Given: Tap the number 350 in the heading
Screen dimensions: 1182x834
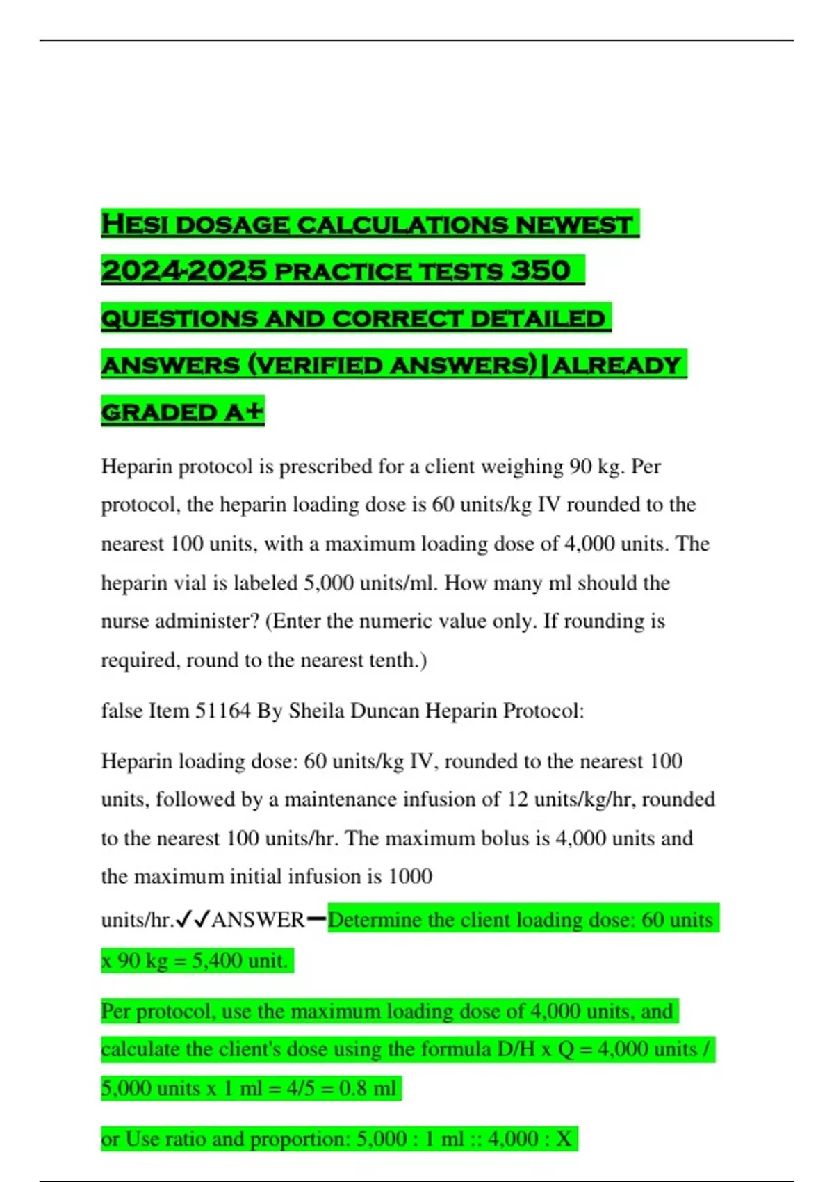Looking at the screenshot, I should [x=541, y=271].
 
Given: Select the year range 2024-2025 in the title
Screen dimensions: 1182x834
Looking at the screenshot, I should [x=183, y=271].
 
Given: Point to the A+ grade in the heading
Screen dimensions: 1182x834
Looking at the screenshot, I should [x=244, y=412].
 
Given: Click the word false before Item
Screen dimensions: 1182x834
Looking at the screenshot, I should [x=122, y=711].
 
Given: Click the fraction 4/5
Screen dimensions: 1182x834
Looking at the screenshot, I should [x=300, y=1087].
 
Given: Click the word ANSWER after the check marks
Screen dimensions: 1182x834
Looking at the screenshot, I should [x=258, y=920].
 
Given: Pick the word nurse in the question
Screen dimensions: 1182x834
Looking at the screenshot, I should [x=125, y=621].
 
